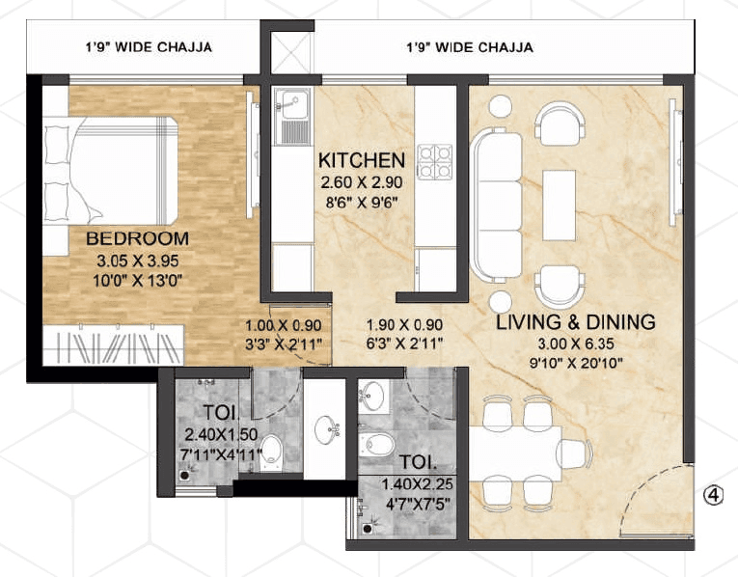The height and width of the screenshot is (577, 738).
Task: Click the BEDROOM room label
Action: [136, 238]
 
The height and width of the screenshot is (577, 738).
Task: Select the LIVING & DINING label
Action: [575, 322]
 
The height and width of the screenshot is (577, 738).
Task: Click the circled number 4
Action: [713, 495]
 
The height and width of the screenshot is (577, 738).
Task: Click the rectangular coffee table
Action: [560, 204]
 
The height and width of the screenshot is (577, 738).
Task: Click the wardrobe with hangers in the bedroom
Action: [112, 345]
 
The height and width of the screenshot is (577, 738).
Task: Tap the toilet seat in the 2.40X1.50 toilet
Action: [273, 450]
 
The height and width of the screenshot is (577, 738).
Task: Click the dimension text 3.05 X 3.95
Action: [137, 260]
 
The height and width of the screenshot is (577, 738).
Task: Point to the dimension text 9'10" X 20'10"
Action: [575, 364]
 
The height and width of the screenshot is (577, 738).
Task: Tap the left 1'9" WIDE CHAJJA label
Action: [147, 46]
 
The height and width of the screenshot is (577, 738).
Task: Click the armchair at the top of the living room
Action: [560, 124]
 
